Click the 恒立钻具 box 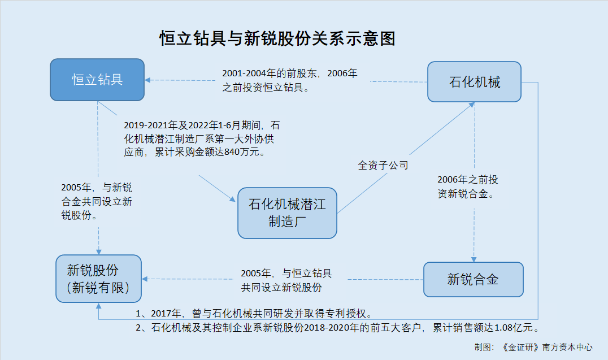97,80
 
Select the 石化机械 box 474,82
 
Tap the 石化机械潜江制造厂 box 287,213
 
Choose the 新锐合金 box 474,279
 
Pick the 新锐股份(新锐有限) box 98,279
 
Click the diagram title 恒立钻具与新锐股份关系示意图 277,38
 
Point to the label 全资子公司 383,166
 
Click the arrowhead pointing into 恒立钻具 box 147,80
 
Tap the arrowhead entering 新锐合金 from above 474,259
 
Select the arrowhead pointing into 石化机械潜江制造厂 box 233,199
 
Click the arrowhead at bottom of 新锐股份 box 98,306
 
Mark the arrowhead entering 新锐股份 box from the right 145,279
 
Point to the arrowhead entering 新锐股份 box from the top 98,251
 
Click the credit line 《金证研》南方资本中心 547,347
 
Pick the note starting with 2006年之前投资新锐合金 468,186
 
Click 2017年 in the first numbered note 166,314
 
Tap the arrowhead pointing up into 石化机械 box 471,105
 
